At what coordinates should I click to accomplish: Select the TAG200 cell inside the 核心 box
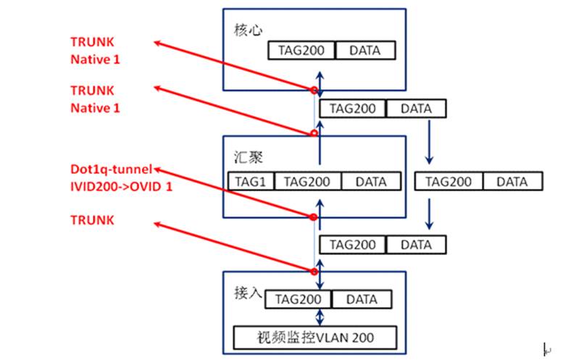click(301, 51)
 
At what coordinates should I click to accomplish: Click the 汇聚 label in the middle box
click(243, 156)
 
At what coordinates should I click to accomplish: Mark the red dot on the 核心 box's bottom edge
click(314, 91)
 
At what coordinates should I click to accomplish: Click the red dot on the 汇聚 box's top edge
click(314, 133)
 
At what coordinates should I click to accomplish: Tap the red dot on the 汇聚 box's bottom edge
click(314, 216)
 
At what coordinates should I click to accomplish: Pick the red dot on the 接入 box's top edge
click(314, 271)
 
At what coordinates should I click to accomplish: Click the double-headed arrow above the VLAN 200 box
click(320, 317)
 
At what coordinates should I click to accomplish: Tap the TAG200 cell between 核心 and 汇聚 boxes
click(351, 109)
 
